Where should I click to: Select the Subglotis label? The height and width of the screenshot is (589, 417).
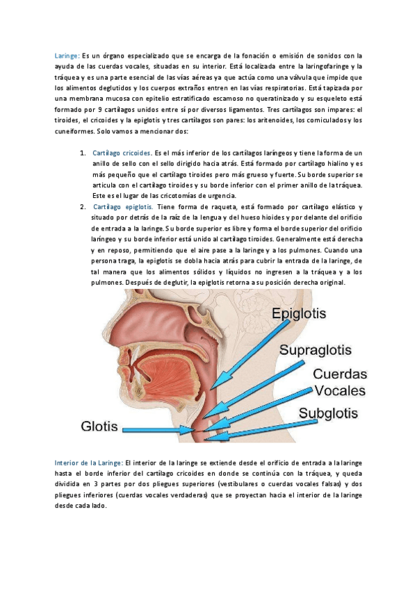[x=328, y=414]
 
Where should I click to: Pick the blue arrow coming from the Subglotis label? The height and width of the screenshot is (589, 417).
[x=264, y=427]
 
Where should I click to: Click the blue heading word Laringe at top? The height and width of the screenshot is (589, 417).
[x=67, y=56]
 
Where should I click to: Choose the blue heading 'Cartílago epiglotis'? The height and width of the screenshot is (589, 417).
[x=123, y=207]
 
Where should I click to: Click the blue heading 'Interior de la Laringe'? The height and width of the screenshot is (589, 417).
[x=88, y=463]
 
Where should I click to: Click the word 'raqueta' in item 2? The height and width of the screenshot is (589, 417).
[x=223, y=207]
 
